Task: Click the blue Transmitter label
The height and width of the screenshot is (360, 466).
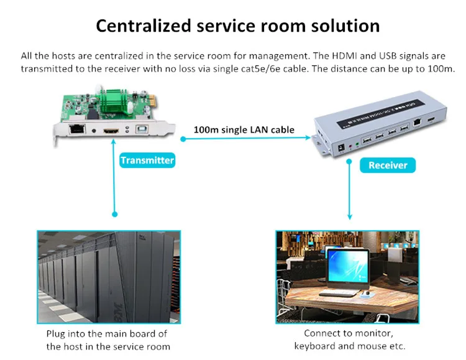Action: pyautogui.click(x=147, y=160)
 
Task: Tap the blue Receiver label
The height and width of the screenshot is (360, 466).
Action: pyautogui.click(x=388, y=165)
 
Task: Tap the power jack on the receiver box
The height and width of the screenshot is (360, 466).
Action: pyautogui.click(x=340, y=147)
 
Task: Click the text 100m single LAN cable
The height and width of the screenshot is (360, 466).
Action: pyautogui.click(x=244, y=130)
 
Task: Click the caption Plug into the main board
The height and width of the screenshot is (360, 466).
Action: pyautogui.click(x=107, y=334)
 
